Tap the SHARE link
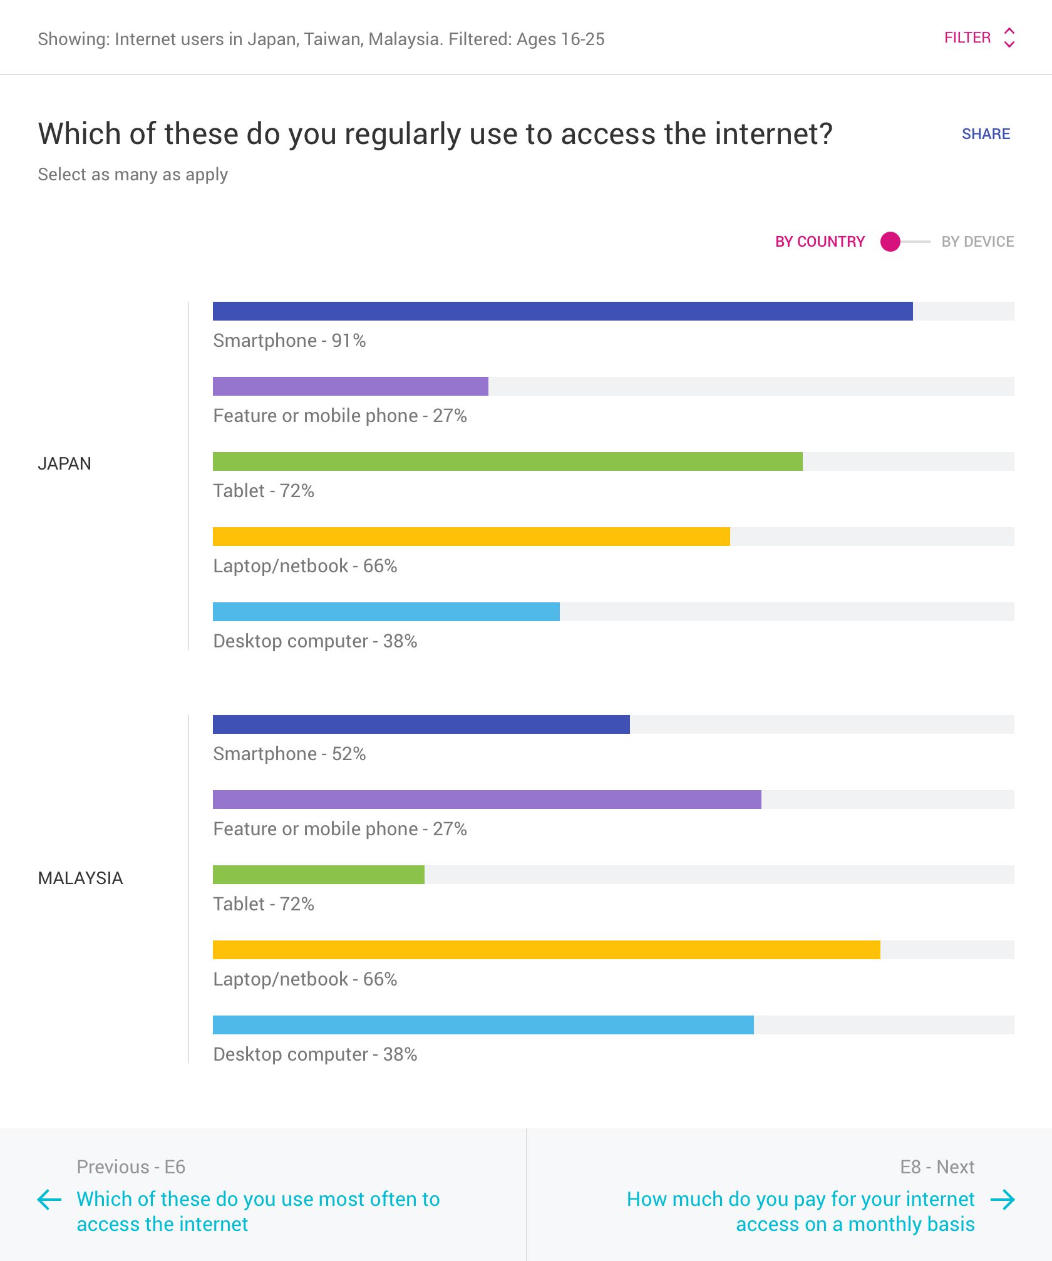[986, 134]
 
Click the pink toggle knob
[890, 242]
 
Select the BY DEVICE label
[977, 242]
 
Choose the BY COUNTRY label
[819, 242]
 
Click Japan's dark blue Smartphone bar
[562, 311]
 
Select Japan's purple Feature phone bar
[350, 386]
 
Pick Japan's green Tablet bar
[507, 461]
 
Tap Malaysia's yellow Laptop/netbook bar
[546, 950]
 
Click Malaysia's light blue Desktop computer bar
[483, 1025]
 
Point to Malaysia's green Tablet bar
[318, 875]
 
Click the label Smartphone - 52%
[289, 754]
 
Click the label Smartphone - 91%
[289, 341]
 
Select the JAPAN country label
[64, 464]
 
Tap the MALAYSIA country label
[80, 878]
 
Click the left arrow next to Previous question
[49, 1200]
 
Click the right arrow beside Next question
[1003, 1200]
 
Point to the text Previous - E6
[131, 1167]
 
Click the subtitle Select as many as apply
[133, 175]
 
